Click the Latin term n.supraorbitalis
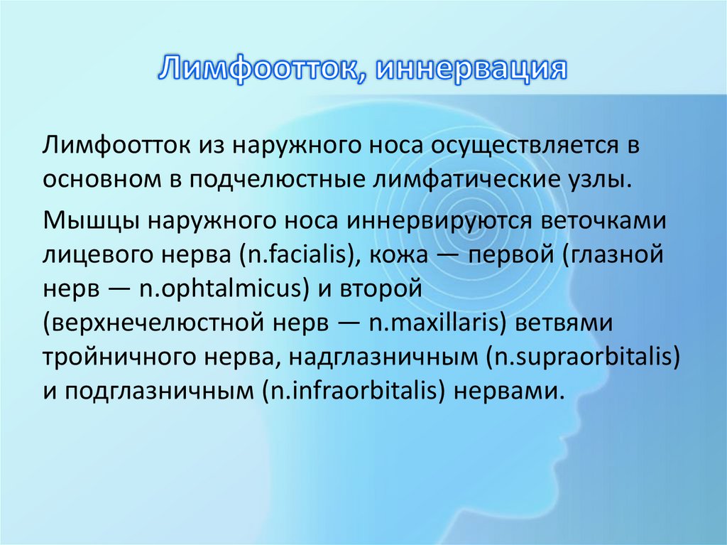pyautogui.click(x=582, y=357)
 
